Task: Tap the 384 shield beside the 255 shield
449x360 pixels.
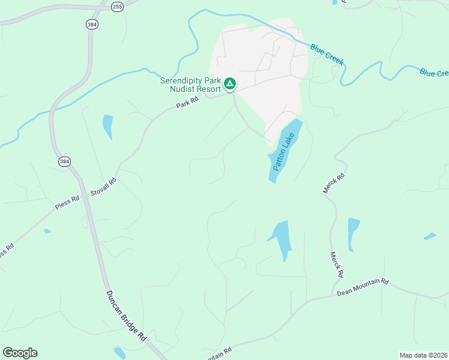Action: (92, 24)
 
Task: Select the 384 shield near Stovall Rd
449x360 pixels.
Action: (64, 162)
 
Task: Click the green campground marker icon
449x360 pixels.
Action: (229, 83)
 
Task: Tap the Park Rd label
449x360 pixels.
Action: (188, 104)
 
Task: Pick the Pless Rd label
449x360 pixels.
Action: (67, 203)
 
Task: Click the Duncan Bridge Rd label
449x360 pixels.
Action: (127, 316)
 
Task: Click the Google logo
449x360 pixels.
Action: (20, 353)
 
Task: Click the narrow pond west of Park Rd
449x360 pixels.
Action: (107, 126)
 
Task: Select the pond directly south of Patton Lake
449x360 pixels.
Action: (281, 238)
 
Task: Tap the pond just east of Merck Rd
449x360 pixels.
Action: (353, 233)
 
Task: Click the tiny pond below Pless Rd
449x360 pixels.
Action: (47, 231)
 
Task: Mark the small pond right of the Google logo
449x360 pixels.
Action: (119, 352)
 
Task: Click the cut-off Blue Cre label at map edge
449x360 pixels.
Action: (434, 73)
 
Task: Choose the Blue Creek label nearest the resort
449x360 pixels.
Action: (327, 53)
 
